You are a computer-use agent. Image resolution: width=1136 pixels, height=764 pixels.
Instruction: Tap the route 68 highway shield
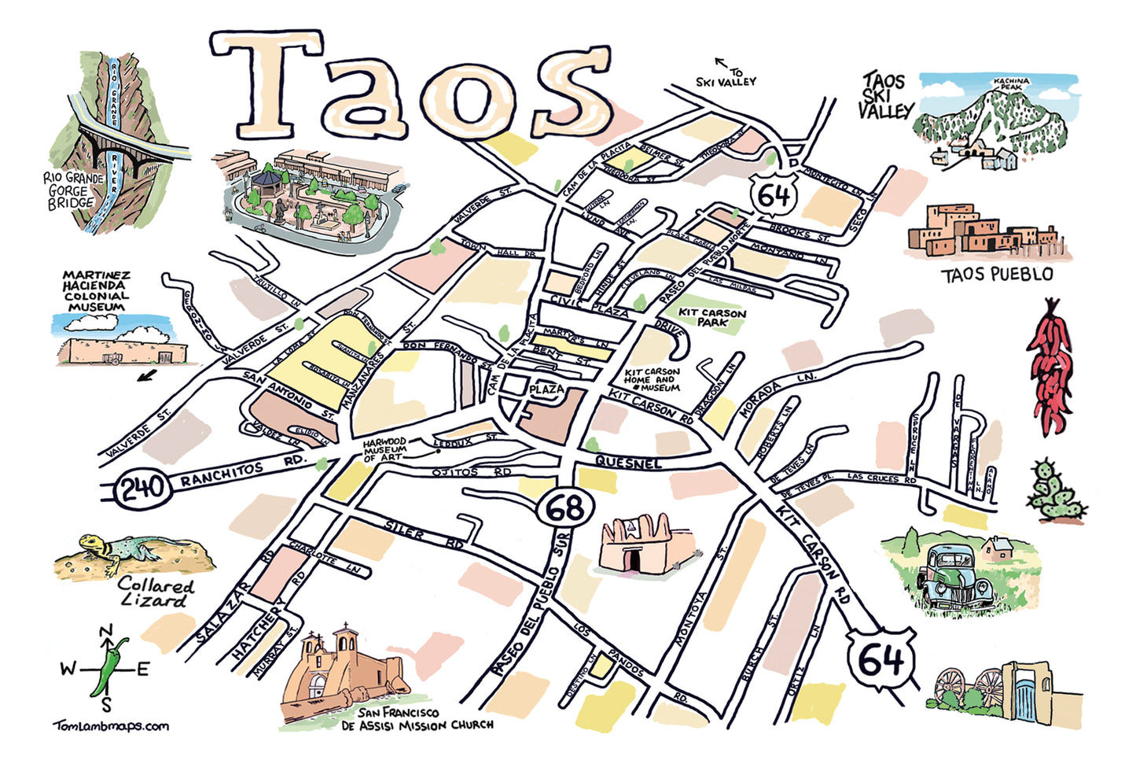565,508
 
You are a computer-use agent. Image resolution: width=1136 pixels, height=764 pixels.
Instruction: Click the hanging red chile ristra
1052,366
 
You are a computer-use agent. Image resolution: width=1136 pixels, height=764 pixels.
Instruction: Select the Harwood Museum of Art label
384,449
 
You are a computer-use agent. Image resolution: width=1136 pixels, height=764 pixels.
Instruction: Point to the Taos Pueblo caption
996,275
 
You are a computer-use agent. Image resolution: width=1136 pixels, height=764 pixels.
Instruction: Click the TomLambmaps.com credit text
111,725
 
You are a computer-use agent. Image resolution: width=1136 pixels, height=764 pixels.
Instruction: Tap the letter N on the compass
106,631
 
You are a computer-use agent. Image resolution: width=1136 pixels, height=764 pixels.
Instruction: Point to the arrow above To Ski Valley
719,62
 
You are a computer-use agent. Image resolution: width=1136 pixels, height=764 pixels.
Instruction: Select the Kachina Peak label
1011,83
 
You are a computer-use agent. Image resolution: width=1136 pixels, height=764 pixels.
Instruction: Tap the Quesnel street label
627,463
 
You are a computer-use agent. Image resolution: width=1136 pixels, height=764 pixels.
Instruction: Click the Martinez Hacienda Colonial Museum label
96,291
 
